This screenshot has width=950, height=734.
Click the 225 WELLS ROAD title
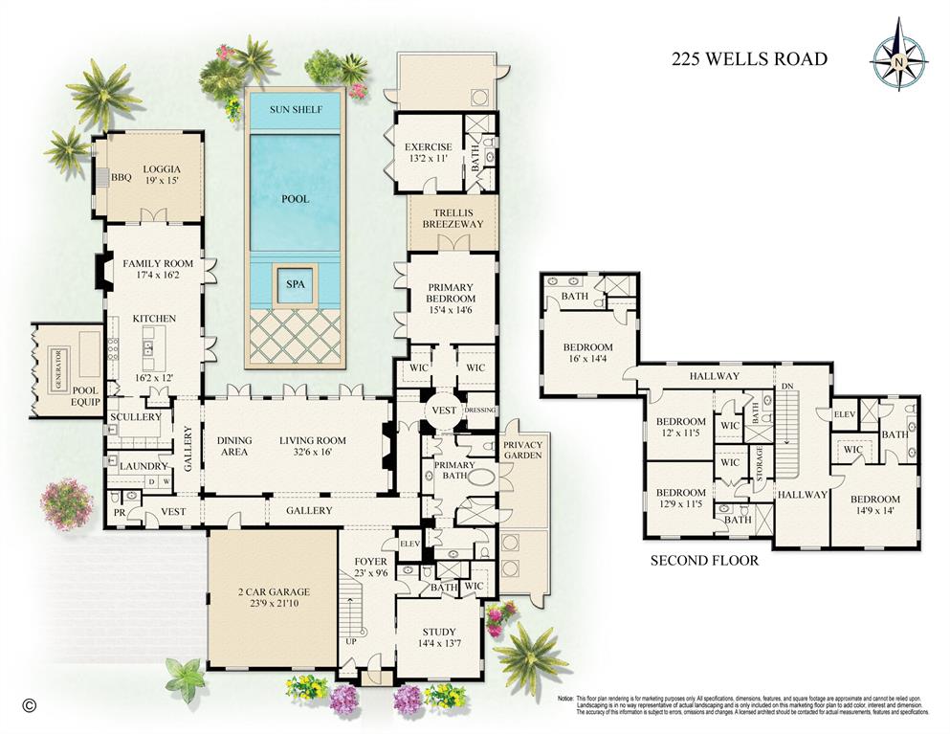[x=747, y=59]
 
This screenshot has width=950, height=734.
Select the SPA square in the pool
[x=295, y=284]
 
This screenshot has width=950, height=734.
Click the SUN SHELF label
[x=295, y=109]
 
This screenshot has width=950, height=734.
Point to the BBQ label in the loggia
[x=121, y=177]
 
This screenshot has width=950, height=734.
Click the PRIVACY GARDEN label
[x=522, y=449]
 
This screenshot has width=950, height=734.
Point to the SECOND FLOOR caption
[x=704, y=561]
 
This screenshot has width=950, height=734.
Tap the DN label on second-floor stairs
[x=786, y=386]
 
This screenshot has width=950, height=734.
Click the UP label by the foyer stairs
[x=351, y=641]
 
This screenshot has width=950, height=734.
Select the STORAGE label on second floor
[x=762, y=454]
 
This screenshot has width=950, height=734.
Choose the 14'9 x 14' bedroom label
[x=874, y=505]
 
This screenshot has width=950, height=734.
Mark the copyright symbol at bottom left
[x=29, y=706]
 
